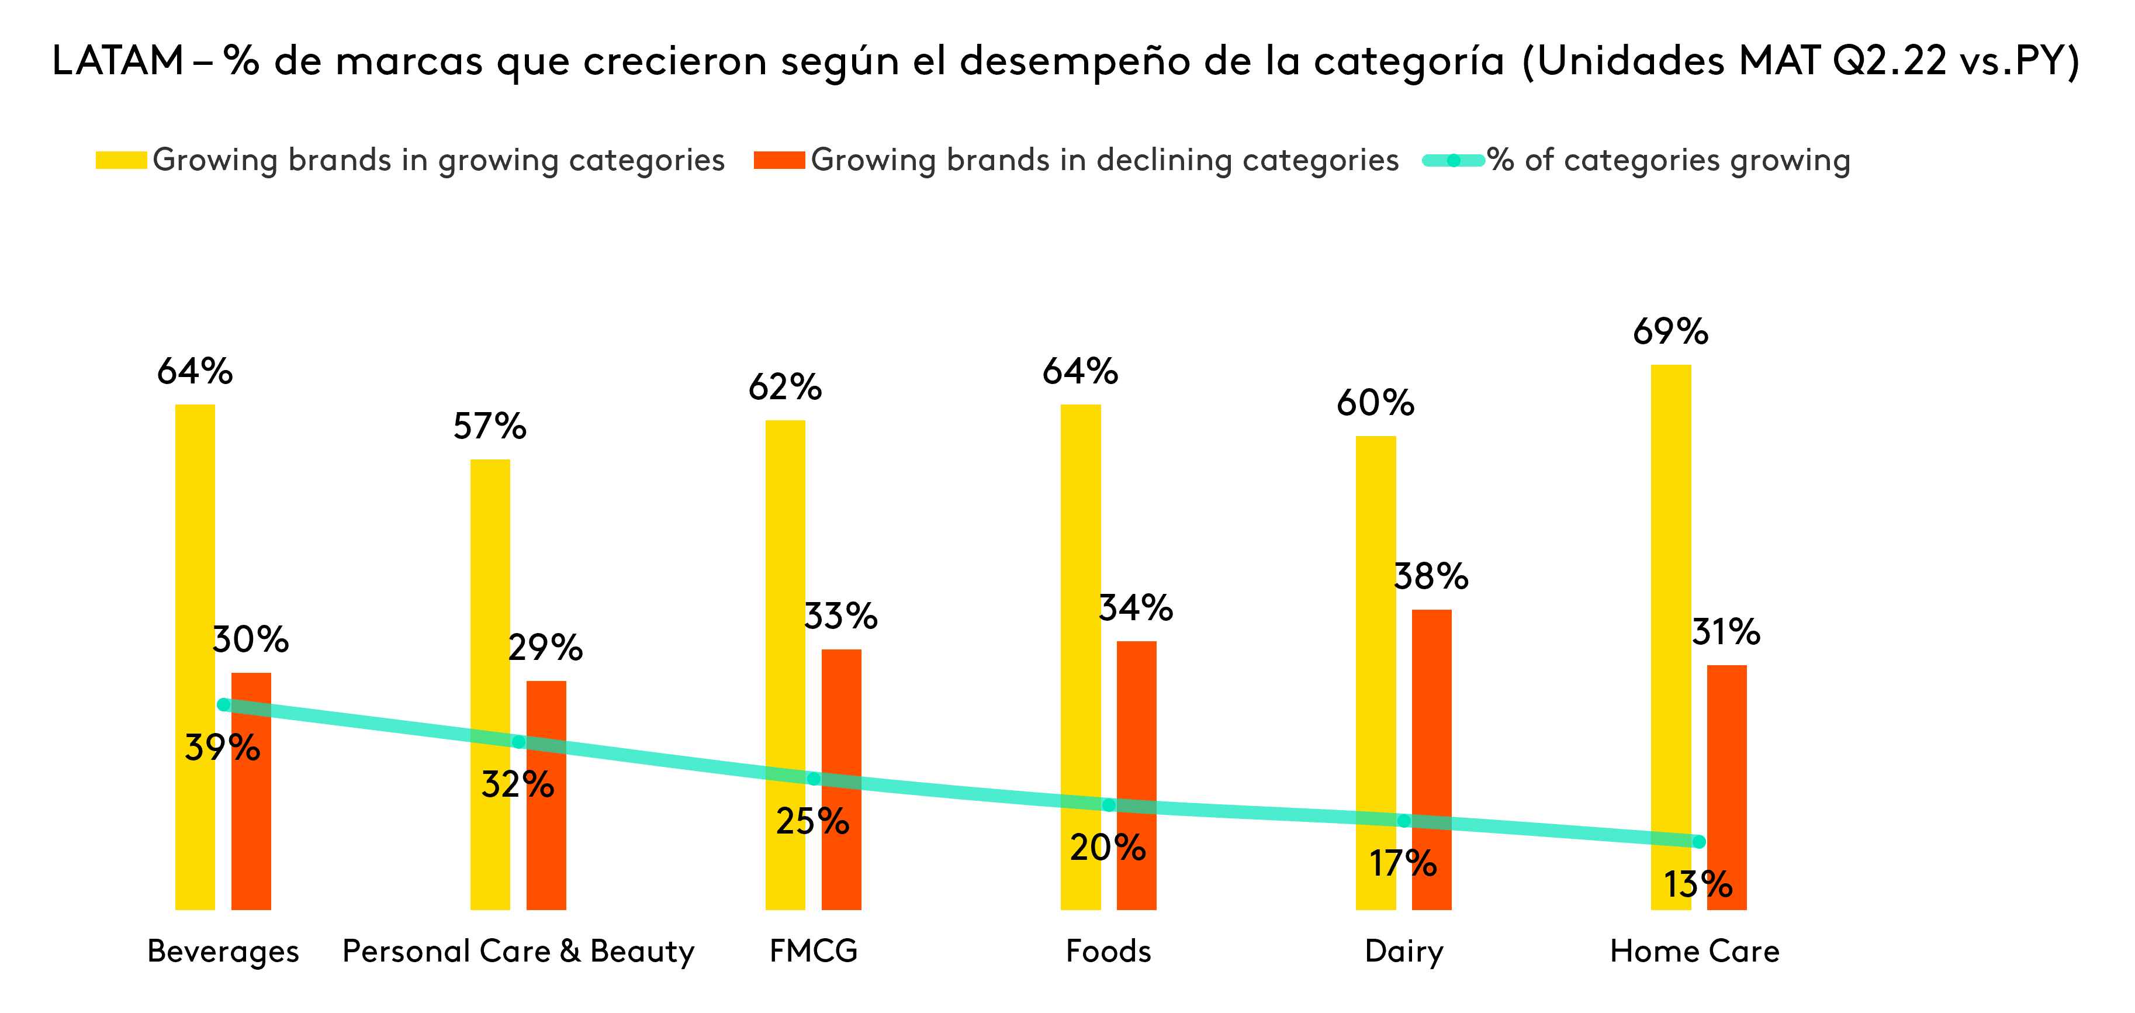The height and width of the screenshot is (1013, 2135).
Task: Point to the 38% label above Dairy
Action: pyautogui.click(x=1431, y=577)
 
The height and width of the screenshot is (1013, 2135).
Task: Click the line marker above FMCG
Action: pyautogui.click(x=814, y=779)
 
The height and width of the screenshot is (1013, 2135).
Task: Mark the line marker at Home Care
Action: pyautogui.click(x=1698, y=841)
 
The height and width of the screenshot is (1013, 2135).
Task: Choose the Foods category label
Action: pyautogui.click(x=1108, y=951)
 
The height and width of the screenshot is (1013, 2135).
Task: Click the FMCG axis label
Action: pyautogui.click(x=813, y=951)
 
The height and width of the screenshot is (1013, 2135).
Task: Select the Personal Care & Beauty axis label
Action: pyautogui.click(x=518, y=951)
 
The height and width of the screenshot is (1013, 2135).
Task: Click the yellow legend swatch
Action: pyautogui.click(x=121, y=160)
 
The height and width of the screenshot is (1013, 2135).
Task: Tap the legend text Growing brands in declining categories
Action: pyautogui.click(x=1104, y=160)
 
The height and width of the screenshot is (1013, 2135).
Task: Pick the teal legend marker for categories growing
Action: pyautogui.click(x=1453, y=160)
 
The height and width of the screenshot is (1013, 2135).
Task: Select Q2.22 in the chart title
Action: pyautogui.click(x=1889, y=61)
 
